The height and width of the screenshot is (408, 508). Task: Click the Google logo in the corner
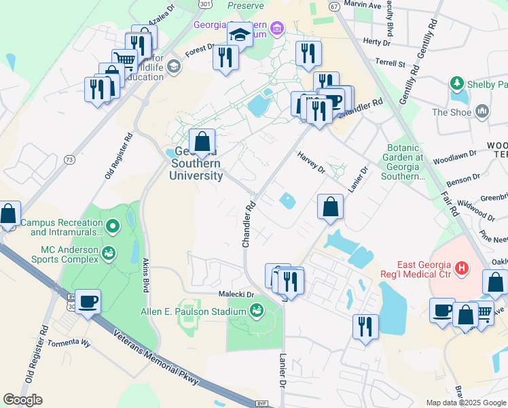[x=22, y=400]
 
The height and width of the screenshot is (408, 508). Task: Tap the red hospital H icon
[x=462, y=269]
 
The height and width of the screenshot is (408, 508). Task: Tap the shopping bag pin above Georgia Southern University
[x=202, y=142]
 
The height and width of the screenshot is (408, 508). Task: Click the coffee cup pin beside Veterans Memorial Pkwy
[x=88, y=301]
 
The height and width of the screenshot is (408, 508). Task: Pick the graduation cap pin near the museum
[x=240, y=34]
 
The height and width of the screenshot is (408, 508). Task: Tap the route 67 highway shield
[x=333, y=5]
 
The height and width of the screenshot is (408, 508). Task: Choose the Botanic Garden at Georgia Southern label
[x=405, y=162]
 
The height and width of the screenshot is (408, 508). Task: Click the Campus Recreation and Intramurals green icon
[x=113, y=223]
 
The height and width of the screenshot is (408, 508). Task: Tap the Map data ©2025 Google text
[x=465, y=403]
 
